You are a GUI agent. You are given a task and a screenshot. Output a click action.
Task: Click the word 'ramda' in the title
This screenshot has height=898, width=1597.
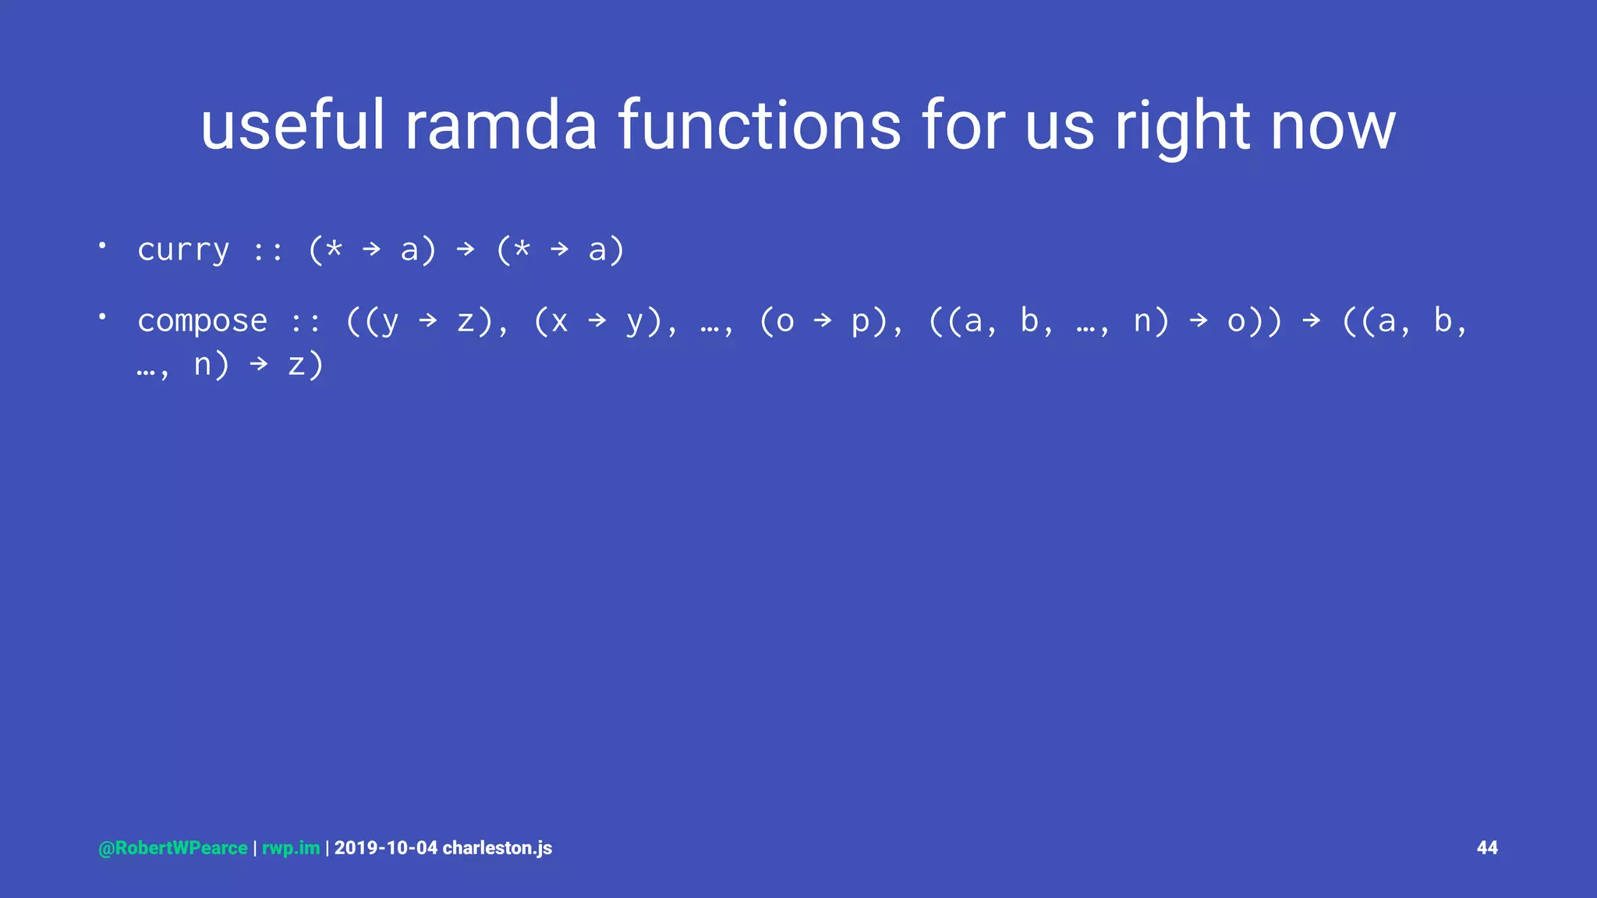point(500,126)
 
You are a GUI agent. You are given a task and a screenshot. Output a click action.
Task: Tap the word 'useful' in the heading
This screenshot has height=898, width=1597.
point(292,126)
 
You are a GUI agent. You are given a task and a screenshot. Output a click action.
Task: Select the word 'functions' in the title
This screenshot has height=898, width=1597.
point(760,126)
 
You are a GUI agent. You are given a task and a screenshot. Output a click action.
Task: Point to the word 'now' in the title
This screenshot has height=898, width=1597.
point(1333,126)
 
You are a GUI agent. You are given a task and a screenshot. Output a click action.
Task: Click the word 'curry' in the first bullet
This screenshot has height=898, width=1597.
point(183,250)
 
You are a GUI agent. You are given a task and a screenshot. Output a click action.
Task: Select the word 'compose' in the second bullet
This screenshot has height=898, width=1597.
point(202,321)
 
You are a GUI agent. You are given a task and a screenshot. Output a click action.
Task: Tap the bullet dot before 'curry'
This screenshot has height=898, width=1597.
point(102,246)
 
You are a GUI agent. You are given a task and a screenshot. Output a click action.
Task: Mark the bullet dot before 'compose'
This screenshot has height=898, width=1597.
point(102,316)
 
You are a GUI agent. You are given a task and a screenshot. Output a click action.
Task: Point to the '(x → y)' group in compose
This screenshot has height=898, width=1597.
point(597,321)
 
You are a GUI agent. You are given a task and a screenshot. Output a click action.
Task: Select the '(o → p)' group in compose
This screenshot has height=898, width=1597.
point(823,321)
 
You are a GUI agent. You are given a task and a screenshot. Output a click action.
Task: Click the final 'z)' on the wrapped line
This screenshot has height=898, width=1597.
point(305,365)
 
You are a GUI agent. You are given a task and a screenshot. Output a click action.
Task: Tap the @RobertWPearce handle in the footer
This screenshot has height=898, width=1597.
point(172,848)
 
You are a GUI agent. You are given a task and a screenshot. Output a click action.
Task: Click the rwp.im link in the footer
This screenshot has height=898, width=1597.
point(290,848)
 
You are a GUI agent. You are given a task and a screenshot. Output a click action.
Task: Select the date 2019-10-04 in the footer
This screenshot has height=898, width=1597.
point(385,848)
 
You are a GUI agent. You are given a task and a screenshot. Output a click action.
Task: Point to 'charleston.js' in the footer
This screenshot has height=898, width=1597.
point(497,848)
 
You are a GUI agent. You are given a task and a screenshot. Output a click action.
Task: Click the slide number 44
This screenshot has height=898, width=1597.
point(1487,848)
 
